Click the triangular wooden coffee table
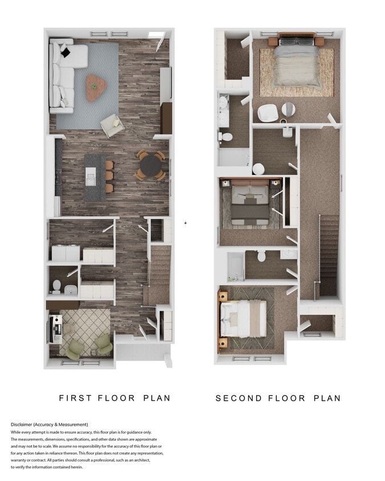[96, 85]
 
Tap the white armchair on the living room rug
[111, 124]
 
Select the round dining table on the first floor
[151, 166]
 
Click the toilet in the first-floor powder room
[57, 285]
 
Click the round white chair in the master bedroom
[266, 113]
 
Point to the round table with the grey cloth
[288, 110]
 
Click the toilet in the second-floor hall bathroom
[262, 256]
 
